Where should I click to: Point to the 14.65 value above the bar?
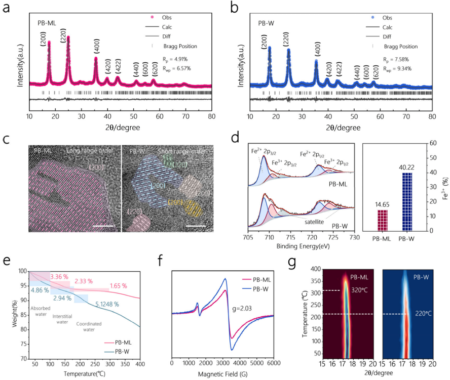382,204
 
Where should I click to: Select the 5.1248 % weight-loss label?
104,305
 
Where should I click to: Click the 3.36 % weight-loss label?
61,276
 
